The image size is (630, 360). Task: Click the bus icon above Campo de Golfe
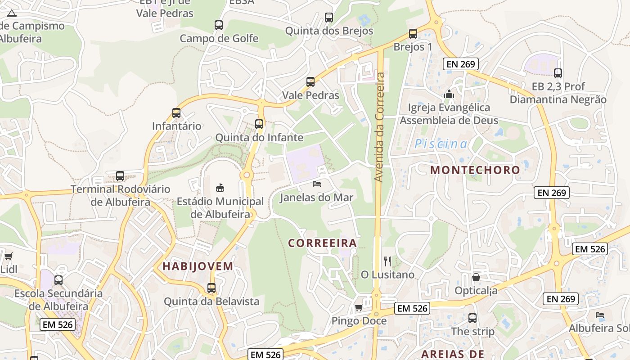click(x=219, y=25)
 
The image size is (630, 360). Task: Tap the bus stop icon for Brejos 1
click(x=413, y=33)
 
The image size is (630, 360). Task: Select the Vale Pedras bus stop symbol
click(x=310, y=82)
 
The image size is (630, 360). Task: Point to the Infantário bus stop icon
click(x=176, y=113)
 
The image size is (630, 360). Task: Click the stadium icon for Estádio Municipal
click(x=220, y=188)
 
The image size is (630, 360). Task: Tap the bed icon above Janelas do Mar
click(x=317, y=184)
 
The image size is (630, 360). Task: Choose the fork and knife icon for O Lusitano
click(x=387, y=261)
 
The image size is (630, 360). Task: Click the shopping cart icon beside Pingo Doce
click(x=359, y=308)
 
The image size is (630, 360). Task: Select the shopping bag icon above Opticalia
click(x=476, y=277)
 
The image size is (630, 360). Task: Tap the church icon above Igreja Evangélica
click(x=449, y=94)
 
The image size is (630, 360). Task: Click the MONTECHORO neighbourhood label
click(x=475, y=170)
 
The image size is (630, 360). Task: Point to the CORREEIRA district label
click(x=322, y=243)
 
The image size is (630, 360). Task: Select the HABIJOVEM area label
click(x=198, y=266)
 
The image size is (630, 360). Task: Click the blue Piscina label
click(x=441, y=144)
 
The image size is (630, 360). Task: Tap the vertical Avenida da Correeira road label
click(x=379, y=127)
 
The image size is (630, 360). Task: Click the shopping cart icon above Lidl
click(x=8, y=256)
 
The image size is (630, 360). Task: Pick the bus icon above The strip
click(x=472, y=318)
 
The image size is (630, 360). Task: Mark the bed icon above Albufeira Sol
click(x=599, y=315)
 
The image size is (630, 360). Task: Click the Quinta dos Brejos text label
click(x=329, y=31)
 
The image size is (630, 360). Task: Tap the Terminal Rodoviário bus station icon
click(x=120, y=176)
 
